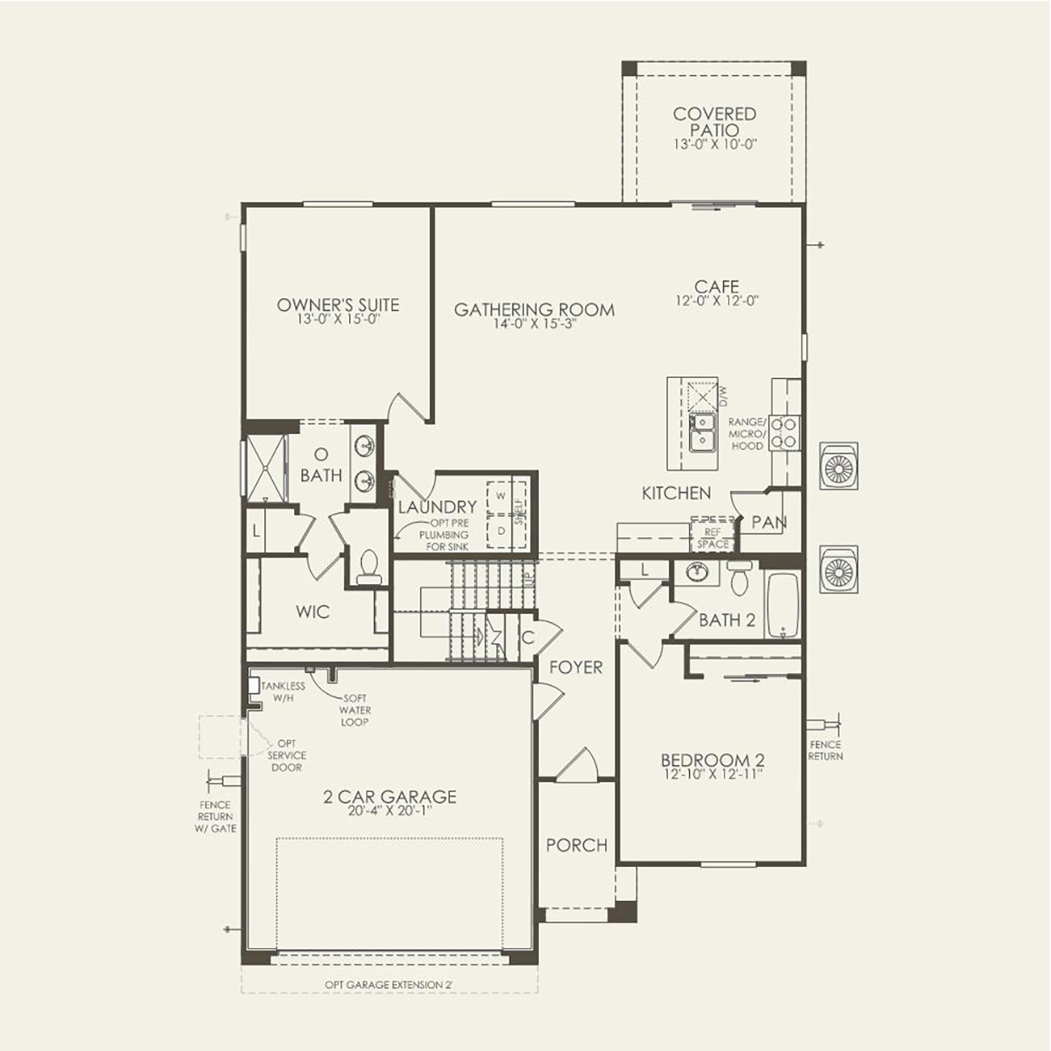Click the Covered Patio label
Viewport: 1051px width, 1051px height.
[x=715, y=121]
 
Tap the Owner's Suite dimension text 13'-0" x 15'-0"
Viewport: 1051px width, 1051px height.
[x=337, y=320]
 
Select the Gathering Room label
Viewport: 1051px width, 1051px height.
[x=534, y=309]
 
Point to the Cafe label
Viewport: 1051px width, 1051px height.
[x=716, y=287]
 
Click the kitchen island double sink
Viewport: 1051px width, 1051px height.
[x=702, y=431]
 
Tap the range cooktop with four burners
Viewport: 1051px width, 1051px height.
[x=786, y=431]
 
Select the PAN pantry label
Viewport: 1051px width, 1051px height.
[x=769, y=522]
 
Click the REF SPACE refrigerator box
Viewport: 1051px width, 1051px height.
[x=713, y=538]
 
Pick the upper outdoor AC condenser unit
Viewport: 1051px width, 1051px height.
[x=838, y=465]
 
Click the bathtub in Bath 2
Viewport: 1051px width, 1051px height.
[x=783, y=605]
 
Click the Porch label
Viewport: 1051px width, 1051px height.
[x=576, y=845]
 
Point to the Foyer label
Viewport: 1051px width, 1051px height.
[x=576, y=668]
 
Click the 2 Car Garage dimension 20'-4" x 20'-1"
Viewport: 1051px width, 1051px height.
[x=390, y=811]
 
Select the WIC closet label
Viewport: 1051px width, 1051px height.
[x=313, y=611]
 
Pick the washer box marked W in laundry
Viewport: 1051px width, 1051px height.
[x=501, y=495]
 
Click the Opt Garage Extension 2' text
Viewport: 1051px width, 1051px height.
[x=395, y=985]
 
